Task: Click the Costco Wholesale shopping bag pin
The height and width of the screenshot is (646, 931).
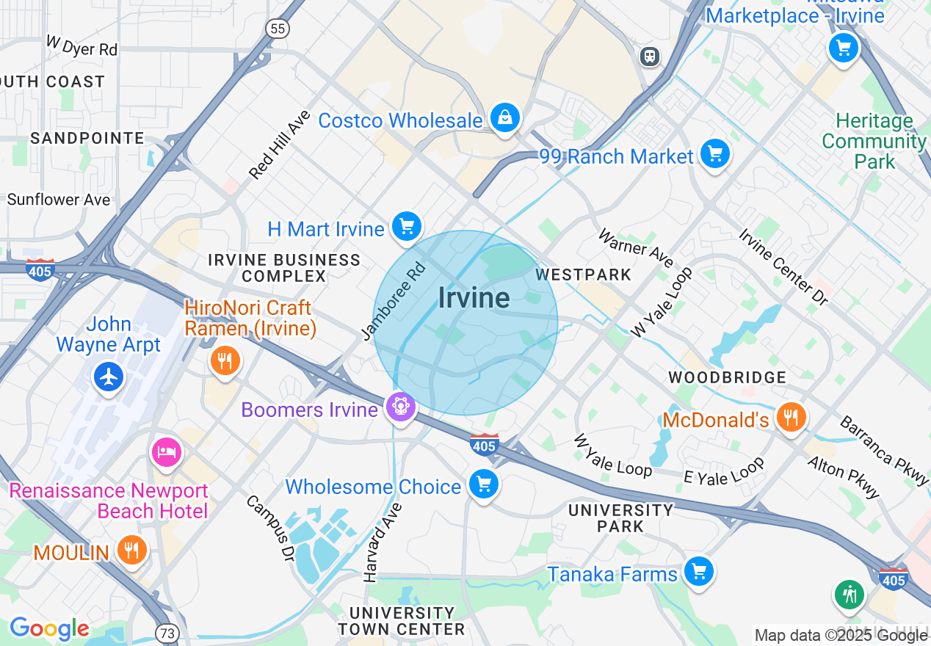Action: [x=505, y=117]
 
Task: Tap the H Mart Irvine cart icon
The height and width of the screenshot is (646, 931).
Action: [x=406, y=226]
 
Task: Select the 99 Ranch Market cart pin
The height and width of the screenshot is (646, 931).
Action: [x=714, y=154]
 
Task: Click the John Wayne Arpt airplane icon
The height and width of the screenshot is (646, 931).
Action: [x=109, y=377]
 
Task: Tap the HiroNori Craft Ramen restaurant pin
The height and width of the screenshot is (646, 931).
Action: [x=225, y=360]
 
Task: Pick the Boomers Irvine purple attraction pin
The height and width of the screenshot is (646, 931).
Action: [x=400, y=406]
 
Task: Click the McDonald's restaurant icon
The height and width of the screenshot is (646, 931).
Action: [x=791, y=417]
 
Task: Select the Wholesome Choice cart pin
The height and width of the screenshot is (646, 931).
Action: [x=483, y=484]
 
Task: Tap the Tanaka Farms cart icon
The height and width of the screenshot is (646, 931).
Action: [x=698, y=570]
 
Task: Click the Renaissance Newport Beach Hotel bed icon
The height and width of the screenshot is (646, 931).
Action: [x=167, y=451]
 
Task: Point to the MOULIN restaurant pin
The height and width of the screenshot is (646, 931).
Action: [x=132, y=550]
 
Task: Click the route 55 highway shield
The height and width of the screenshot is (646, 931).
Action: [x=278, y=29]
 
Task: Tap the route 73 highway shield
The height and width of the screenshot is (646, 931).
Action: [x=166, y=632]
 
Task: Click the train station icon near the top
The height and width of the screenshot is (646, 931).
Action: [x=650, y=57]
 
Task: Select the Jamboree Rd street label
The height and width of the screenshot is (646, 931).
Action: [x=394, y=302]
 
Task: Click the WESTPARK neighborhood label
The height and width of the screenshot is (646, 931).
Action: [x=583, y=275]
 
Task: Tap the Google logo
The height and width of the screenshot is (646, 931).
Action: [x=49, y=628]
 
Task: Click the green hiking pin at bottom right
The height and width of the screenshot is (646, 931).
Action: [x=850, y=593]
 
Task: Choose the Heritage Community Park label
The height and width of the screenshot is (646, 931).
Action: [x=874, y=141]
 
